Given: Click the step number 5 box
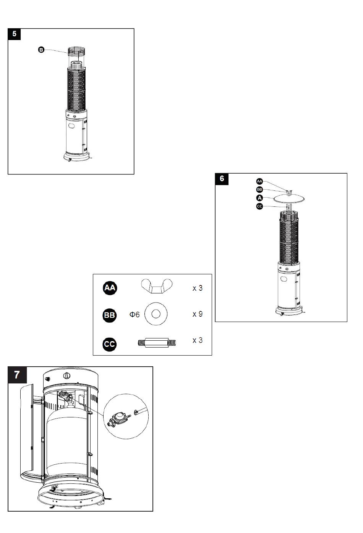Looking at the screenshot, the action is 14,34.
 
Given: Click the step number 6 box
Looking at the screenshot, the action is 222,179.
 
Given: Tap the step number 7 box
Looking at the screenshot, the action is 17,375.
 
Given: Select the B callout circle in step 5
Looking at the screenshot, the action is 41,50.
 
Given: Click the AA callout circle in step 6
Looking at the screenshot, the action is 259,181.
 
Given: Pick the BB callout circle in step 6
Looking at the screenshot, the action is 259,190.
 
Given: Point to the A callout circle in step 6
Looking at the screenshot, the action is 259,198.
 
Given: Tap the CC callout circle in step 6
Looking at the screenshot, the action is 259,206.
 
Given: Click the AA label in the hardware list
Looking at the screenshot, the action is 110,288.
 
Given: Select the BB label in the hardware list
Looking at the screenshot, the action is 110,315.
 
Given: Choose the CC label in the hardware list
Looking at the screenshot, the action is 110,344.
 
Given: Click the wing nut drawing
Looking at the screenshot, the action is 157,286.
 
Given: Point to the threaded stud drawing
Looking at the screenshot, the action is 157,343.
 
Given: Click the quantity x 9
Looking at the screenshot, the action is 198,314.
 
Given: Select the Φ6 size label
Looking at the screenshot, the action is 135,314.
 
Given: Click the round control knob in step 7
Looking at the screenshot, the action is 67,376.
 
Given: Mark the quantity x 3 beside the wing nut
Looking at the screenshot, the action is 198,288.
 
